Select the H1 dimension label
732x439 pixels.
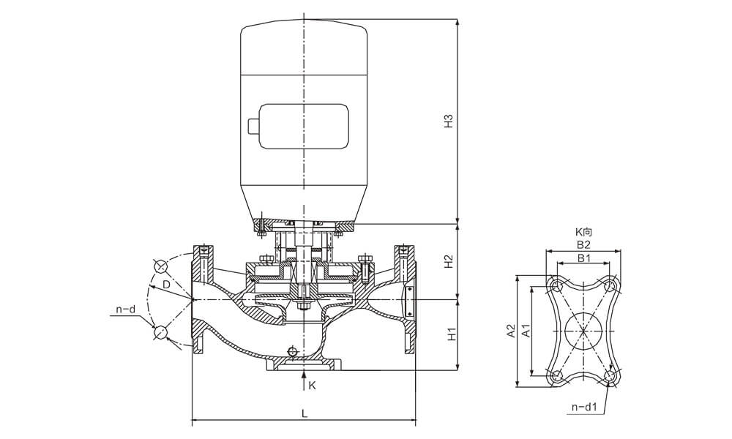click(x=452, y=334)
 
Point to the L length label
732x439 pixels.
click(x=304, y=413)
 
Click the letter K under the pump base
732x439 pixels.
click(x=312, y=385)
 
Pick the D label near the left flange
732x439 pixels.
click(x=166, y=283)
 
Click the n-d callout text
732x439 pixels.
click(x=126, y=310)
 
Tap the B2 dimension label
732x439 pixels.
click(x=583, y=245)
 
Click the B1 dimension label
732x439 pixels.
click(x=583, y=258)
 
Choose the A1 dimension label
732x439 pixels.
click(x=525, y=332)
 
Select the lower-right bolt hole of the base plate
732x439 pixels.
click(x=610, y=376)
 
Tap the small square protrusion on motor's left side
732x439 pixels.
click(x=253, y=127)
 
